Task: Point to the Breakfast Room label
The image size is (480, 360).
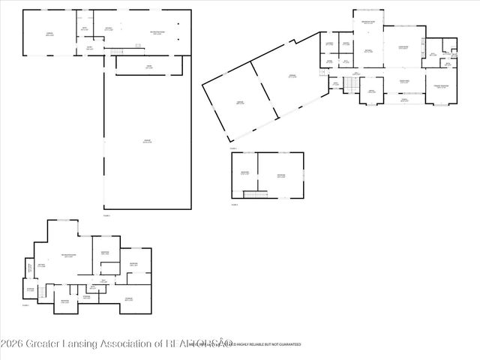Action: click(x=368, y=23)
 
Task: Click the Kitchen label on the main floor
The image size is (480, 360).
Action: click(x=368, y=50)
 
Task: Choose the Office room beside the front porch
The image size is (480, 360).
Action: click(x=370, y=91)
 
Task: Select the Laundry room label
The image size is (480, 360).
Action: click(x=329, y=43)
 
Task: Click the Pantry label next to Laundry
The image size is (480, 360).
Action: click(x=346, y=43)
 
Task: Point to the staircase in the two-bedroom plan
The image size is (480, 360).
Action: click(x=256, y=195)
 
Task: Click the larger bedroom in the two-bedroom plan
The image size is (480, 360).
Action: click(x=280, y=175)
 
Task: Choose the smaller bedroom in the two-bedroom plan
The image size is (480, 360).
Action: click(x=244, y=173)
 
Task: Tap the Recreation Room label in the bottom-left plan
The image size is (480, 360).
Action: click(x=67, y=256)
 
